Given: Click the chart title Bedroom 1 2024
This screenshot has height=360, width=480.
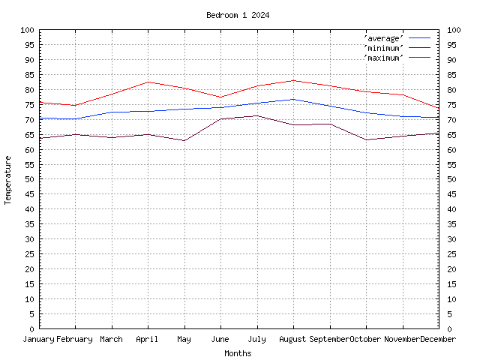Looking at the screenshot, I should coord(238,15).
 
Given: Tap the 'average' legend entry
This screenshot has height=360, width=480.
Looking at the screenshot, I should coord(384,37).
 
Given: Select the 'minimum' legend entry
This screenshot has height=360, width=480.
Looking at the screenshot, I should coord(384,47).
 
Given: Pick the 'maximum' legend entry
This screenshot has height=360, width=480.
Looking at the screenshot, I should coord(384,57).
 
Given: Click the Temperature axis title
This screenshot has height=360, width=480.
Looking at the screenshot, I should coord(8,180).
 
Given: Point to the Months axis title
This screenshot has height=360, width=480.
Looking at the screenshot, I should coord(238,353).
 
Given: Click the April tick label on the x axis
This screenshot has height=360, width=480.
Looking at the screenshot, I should coord(148,339).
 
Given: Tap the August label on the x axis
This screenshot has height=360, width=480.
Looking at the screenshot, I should coord(293,339).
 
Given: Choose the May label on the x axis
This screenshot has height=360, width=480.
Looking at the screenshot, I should coord(184,339).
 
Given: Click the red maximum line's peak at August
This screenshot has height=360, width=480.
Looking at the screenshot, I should coord(293,80).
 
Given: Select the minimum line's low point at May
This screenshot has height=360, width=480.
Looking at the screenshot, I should coord(184,140).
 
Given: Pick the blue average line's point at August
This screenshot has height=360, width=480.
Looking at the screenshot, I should coord(293,99).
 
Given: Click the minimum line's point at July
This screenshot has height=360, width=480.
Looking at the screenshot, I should coord(256,115).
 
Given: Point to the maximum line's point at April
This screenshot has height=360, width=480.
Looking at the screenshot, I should coord(148,82).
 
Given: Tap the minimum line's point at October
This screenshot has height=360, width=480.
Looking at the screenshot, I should coord(366,139).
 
